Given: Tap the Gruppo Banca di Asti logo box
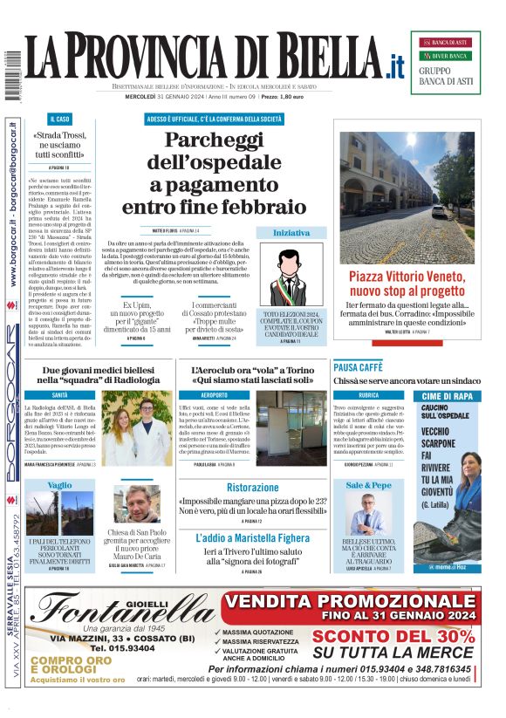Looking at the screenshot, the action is [451, 62].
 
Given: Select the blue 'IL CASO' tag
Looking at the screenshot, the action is [59, 118].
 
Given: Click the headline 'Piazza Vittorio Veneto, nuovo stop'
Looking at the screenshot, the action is [407, 284].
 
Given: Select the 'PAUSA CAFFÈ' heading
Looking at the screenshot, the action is [358, 367].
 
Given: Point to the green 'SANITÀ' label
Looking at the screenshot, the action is [60, 395].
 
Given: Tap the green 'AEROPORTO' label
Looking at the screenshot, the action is [214, 395].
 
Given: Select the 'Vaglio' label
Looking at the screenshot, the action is [60, 484].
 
